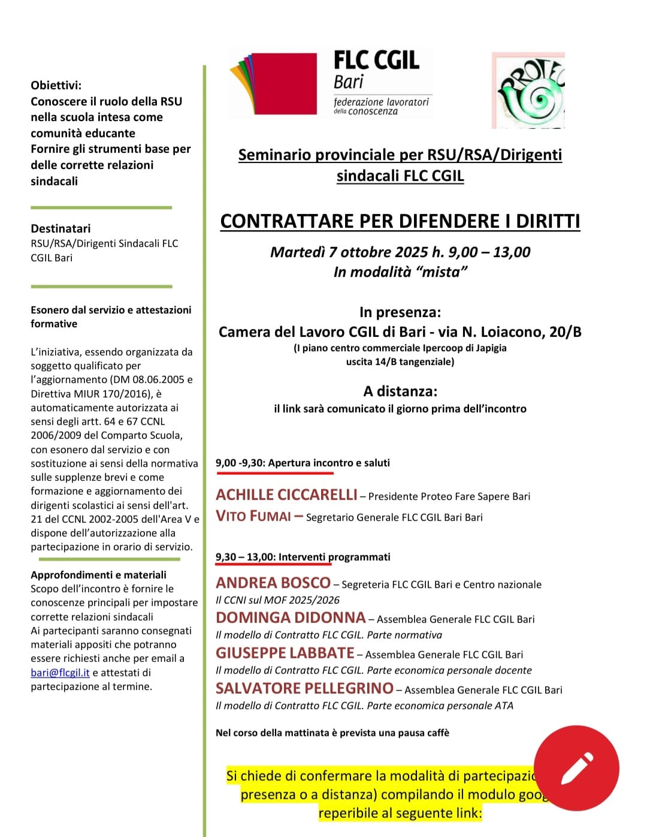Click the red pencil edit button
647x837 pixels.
pyautogui.click(x=576, y=768)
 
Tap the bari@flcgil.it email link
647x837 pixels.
pyautogui.click(x=60, y=673)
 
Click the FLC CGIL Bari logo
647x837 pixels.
pyautogui.click(x=331, y=83)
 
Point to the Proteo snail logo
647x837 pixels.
pyautogui.click(x=528, y=91)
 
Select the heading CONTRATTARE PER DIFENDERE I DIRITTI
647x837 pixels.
pyautogui.click(x=400, y=221)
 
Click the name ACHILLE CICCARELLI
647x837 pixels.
pyautogui.click(x=286, y=495)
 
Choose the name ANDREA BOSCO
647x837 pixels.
pyautogui.click(x=273, y=583)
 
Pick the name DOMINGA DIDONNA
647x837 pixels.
pyautogui.click(x=291, y=618)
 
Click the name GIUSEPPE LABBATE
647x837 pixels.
pyautogui.click(x=285, y=653)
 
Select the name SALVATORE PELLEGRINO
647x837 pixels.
pyautogui.click(x=304, y=688)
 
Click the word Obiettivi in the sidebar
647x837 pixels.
pyautogui.click(x=56, y=85)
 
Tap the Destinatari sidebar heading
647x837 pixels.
pyautogui.click(x=61, y=228)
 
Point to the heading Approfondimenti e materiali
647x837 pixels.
pyautogui.click(x=98, y=574)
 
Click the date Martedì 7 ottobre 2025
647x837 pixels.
pyautogui.click(x=349, y=252)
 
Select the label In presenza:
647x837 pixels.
pyautogui.click(x=400, y=312)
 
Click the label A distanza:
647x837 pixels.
pyautogui.click(x=400, y=392)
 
